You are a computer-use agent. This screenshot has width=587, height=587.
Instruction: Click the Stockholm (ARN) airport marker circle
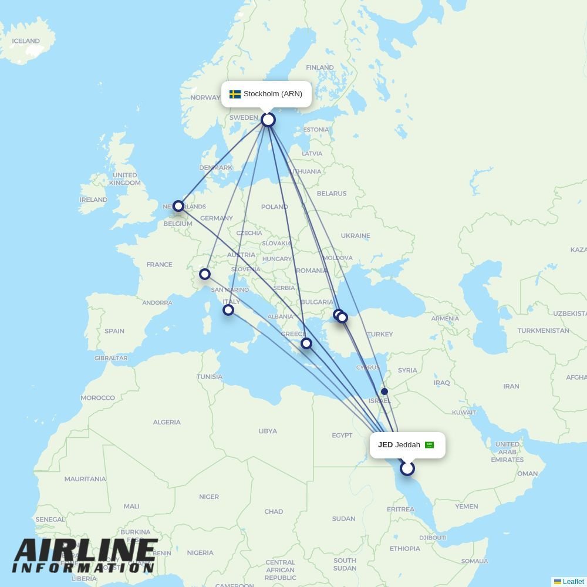[x=268, y=120]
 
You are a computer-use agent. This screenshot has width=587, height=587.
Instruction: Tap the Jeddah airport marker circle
[x=407, y=468]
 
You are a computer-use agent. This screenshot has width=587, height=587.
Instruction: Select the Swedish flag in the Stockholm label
[x=235, y=94]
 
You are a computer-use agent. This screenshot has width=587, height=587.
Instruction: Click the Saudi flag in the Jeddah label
[x=429, y=445]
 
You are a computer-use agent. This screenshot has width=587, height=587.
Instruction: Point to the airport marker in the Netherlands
[x=178, y=206]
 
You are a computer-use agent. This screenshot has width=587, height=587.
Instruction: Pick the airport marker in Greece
[x=306, y=343]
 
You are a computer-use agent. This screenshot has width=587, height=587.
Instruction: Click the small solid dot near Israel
[x=384, y=392]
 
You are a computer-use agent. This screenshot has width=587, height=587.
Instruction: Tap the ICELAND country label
[x=26, y=41]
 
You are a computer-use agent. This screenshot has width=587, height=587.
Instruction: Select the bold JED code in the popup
[x=385, y=445]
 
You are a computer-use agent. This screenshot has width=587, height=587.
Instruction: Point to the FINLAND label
[x=320, y=68]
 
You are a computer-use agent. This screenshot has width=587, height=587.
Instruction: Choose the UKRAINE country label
[x=356, y=235]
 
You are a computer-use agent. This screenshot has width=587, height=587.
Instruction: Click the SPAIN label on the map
[x=114, y=331]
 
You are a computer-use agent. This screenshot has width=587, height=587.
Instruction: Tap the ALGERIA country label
[x=167, y=422]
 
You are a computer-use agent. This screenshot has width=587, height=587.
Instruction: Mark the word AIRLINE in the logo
[x=86, y=551]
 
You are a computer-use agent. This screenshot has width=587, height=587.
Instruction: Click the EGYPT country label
[x=342, y=435]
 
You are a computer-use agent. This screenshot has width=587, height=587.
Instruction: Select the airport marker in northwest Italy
[x=205, y=274]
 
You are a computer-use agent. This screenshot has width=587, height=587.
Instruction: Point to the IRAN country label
[x=511, y=386]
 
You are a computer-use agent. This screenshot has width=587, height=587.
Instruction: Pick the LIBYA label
[x=268, y=431]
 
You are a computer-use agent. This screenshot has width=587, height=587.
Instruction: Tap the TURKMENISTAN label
[x=543, y=330]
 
